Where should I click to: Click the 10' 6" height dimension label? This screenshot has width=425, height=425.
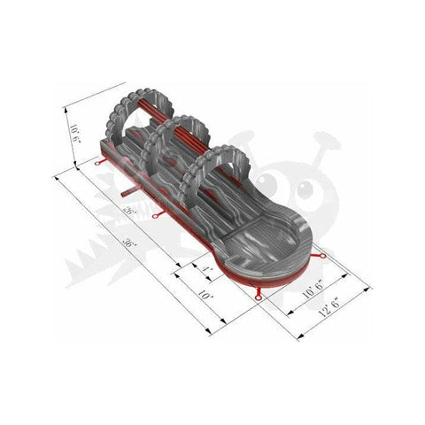(74, 135)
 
